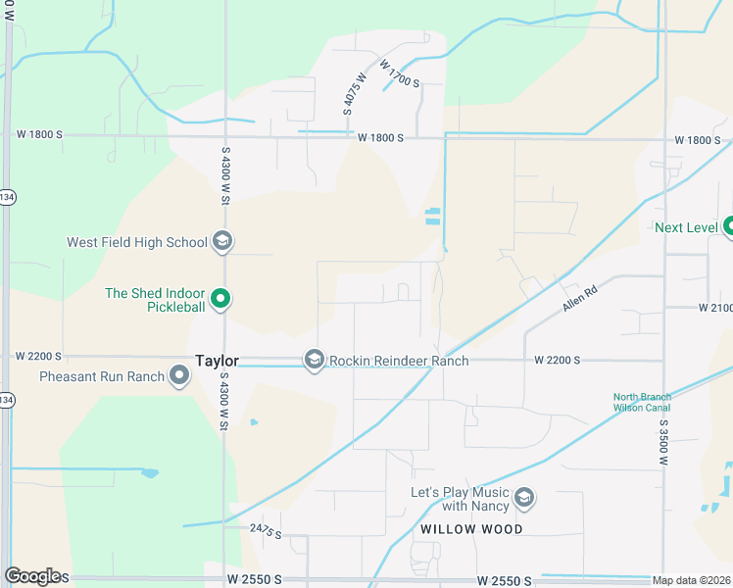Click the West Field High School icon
222,242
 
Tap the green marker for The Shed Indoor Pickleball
221,299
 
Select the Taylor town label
218,361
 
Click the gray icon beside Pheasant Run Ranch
179,375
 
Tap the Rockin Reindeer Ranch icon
315,361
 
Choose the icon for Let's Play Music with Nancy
523,499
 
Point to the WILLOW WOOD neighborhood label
471,529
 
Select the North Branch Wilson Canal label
643,402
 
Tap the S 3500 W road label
663,446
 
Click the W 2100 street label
715,308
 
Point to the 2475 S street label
266,531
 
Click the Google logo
32,576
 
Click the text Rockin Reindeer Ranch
399,361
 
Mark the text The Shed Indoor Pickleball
155,300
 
